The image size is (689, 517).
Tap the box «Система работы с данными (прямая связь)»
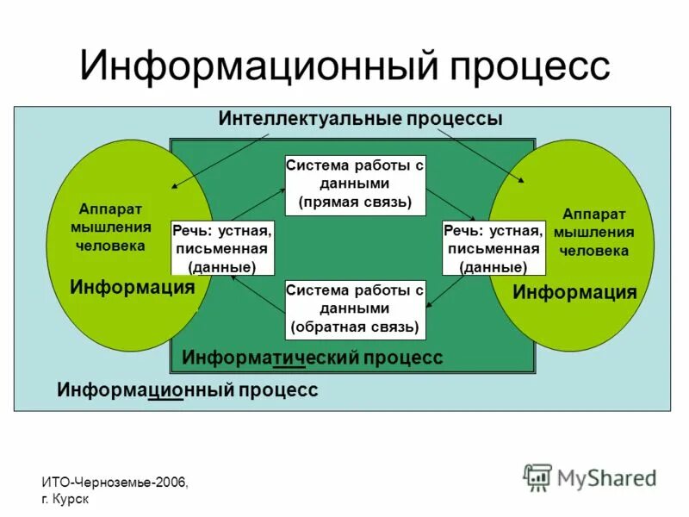click(355, 184)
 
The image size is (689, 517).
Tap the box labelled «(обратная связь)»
click(355, 308)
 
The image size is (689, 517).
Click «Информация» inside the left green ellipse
click(132, 287)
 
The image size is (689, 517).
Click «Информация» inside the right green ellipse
click(574, 293)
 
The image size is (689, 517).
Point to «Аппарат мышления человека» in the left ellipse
click(110, 227)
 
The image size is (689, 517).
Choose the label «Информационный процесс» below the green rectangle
click(188, 390)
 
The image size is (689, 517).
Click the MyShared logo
click(591, 477)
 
